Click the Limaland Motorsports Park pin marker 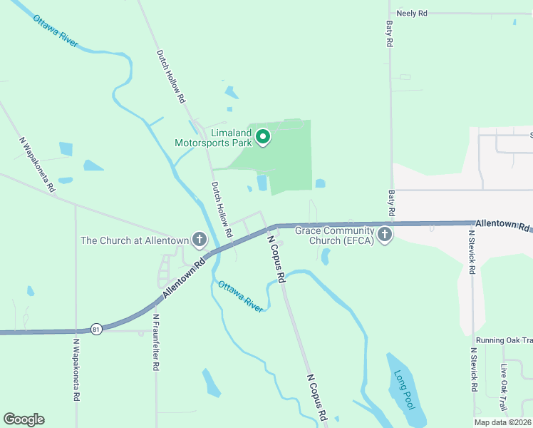263,136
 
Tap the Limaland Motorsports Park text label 214,138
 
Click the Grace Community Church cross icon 385,234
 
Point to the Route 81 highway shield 96,329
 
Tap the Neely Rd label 412,14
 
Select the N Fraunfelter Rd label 155,342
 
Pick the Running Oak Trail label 504,340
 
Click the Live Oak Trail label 504,387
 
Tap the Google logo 24,419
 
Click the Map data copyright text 502,422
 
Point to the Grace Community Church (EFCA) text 330,235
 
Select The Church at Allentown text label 134,240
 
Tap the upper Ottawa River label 55,30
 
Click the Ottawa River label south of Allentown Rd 241,296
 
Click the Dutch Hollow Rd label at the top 171,77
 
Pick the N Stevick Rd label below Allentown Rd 472,251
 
